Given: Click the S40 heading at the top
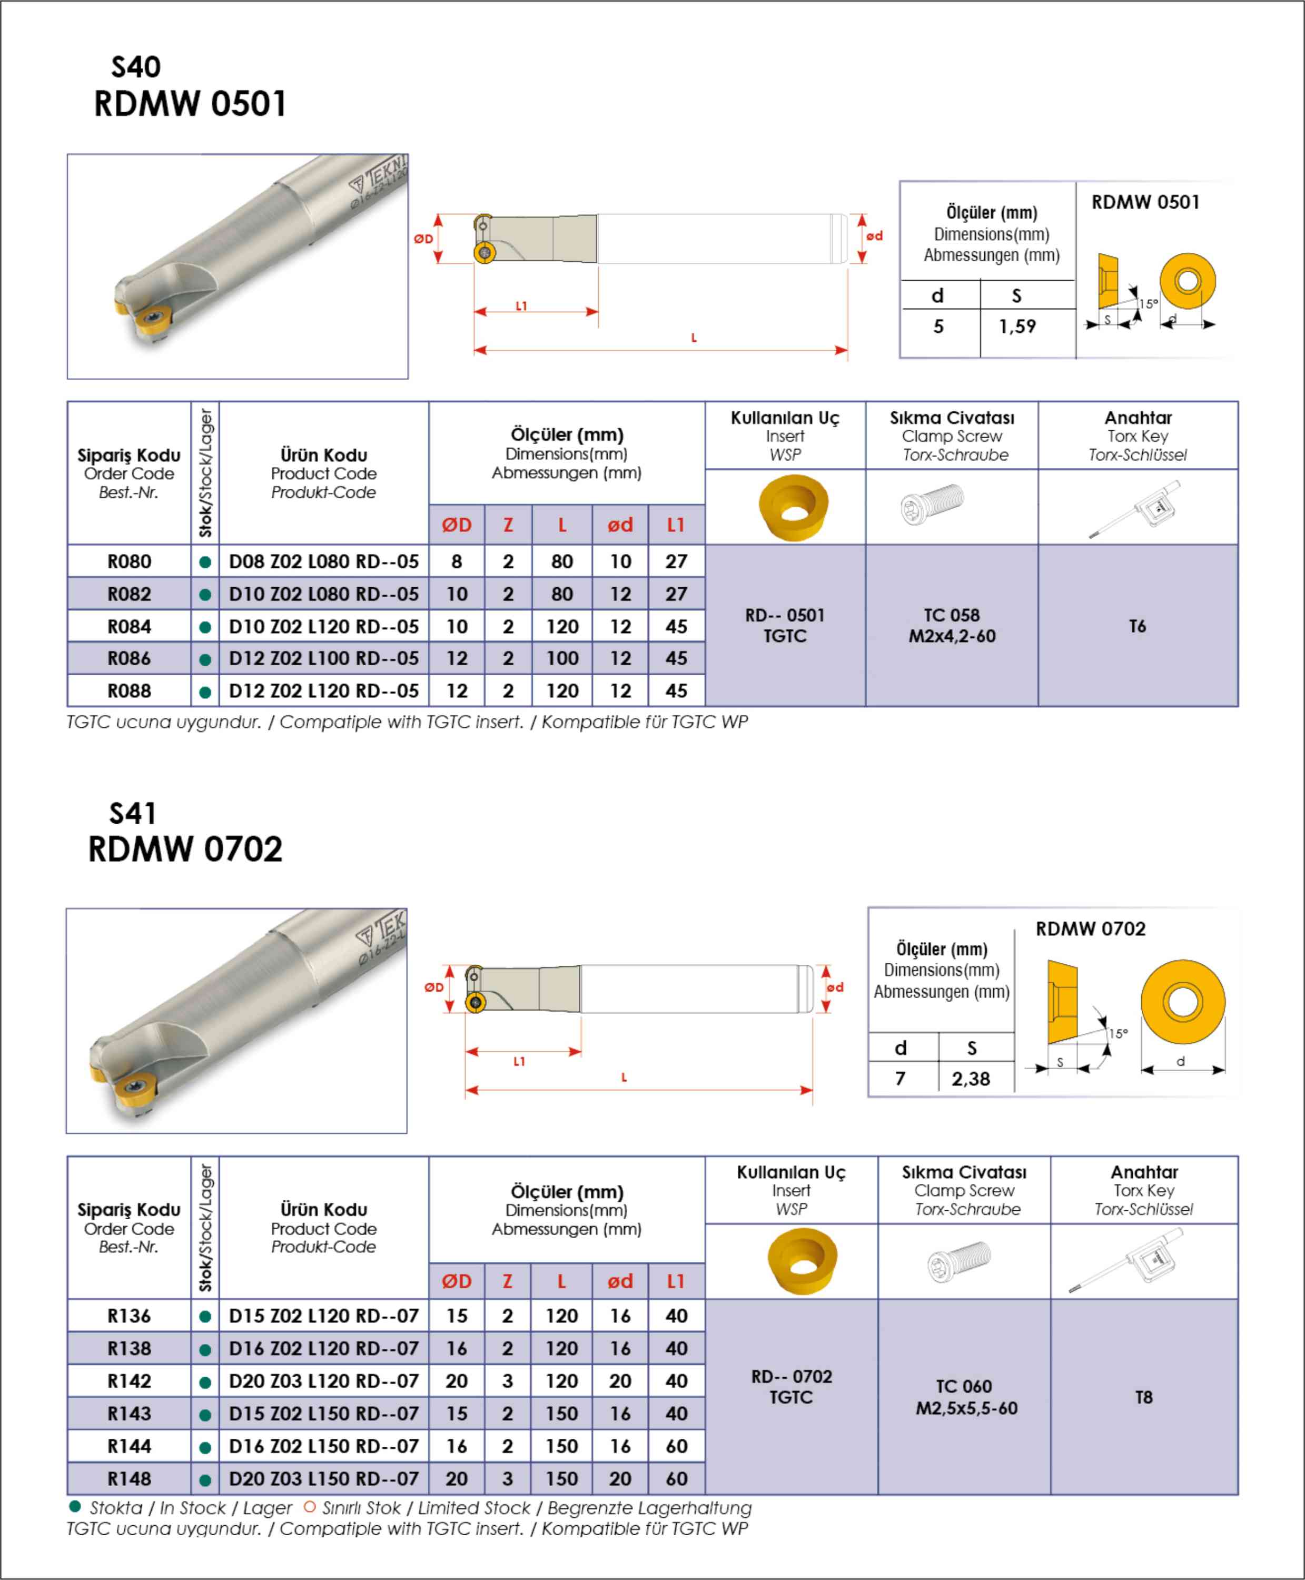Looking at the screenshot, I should [135, 67].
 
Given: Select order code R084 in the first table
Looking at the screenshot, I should [130, 626].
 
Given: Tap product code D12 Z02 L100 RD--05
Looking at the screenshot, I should [323, 658].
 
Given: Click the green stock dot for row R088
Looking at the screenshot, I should [204, 692].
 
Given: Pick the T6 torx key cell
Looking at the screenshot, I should [1138, 626].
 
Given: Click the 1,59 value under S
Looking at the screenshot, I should [1017, 326].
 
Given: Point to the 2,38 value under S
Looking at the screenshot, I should [971, 1079].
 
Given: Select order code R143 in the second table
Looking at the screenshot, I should [130, 1413].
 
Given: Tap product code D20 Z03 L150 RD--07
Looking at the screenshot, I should [323, 1478].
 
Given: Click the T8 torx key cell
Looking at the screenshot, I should [1143, 1397].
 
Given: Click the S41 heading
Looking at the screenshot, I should [133, 813].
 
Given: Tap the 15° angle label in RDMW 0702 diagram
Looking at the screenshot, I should [1118, 1033].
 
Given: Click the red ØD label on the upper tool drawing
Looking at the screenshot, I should [423, 239].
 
